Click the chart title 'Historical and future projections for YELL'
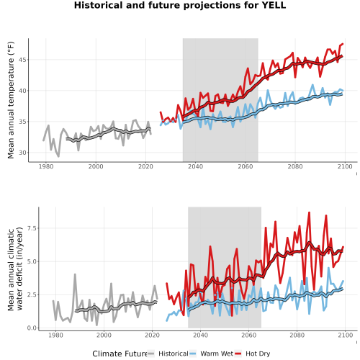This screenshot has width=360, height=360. [180, 5]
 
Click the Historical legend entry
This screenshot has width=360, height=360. [168, 354]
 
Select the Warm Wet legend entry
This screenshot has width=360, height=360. [211, 354]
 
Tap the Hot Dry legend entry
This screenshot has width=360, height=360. [252, 354]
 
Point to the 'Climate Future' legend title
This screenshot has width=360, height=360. [120, 354]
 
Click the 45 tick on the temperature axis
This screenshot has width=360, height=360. [22, 60]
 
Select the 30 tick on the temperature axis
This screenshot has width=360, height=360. [22, 153]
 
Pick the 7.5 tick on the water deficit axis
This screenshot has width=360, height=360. [32, 228]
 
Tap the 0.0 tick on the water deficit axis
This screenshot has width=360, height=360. [32, 328]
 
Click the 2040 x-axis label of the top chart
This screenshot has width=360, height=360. [195, 166]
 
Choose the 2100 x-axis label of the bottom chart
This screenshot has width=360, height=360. [345, 335]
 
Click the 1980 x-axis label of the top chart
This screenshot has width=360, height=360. [46, 166]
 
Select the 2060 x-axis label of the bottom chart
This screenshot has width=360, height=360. [248, 335]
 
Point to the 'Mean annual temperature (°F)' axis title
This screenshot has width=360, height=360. [11, 100]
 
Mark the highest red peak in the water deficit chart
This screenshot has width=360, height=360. [309, 212]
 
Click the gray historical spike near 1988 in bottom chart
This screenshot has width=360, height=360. [75, 274]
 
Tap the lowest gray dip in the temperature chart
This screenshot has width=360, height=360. [58, 156]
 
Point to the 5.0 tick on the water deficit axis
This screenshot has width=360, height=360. [32, 261]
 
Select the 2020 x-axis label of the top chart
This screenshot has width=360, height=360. [145, 166]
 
